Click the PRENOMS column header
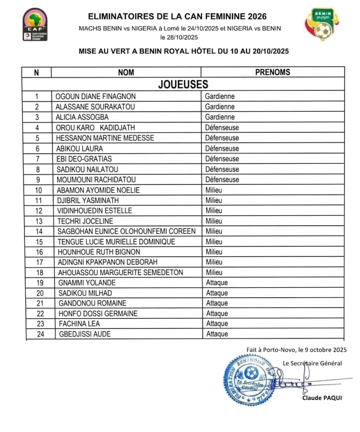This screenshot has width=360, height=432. (x=272, y=72)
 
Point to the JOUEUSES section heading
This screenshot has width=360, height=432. (x=183, y=84)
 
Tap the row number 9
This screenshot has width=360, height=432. (x=37, y=179)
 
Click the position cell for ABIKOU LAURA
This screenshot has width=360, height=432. (x=222, y=148)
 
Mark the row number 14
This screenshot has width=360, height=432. (x=37, y=231)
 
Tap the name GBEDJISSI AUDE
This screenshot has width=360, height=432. (x=84, y=334)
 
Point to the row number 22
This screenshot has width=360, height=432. (x=37, y=314)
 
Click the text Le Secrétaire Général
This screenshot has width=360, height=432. (x=312, y=363)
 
